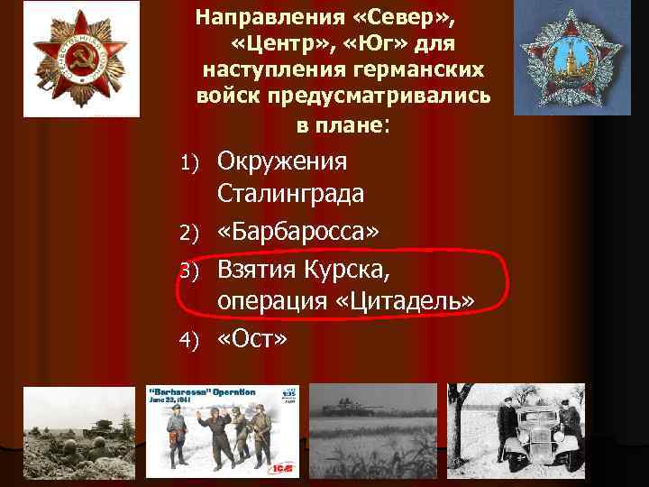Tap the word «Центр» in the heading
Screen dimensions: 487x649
pos(279,43)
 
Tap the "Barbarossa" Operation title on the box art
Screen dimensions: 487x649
pos(203,392)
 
